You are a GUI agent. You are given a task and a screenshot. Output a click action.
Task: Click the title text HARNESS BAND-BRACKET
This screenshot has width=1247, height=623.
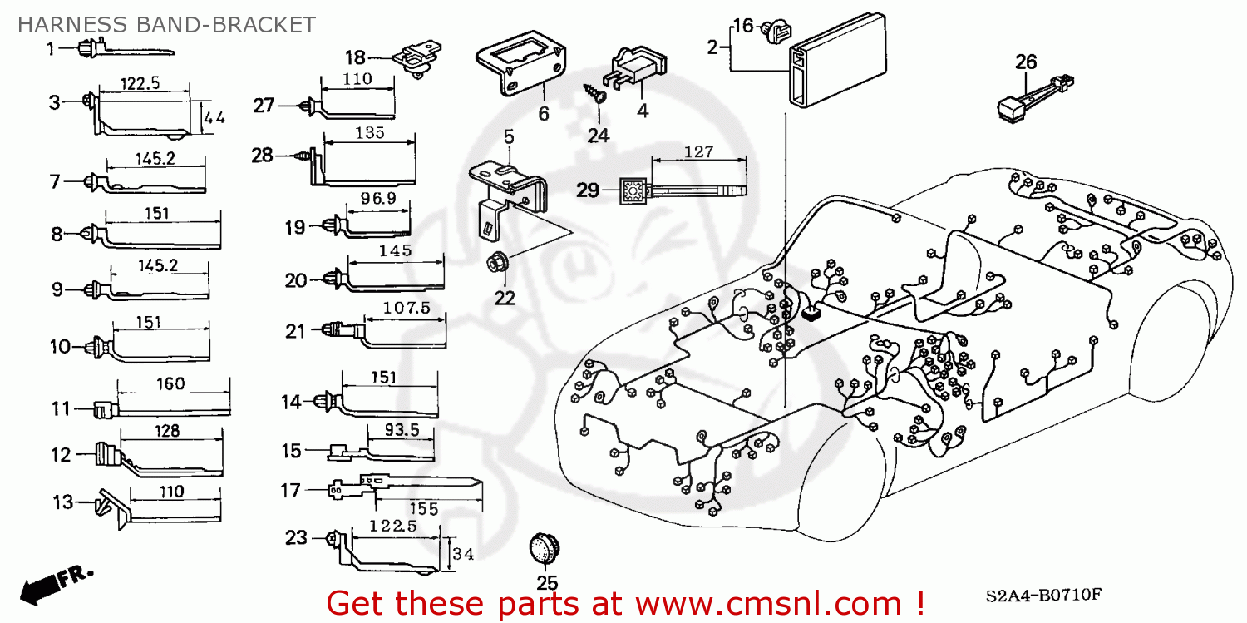[166, 24]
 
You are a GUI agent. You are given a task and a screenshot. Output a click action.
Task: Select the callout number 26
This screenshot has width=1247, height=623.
[1026, 62]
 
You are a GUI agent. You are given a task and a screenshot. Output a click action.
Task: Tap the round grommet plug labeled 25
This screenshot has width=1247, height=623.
[545, 549]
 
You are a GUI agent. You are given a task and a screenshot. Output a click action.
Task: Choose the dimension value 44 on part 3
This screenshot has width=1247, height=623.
[214, 118]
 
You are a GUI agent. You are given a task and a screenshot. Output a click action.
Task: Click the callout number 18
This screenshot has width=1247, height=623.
[355, 57]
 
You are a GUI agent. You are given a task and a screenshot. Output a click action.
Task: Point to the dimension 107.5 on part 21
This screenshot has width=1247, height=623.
[407, 308]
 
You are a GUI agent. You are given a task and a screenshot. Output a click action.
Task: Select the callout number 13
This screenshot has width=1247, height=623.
[62, 502]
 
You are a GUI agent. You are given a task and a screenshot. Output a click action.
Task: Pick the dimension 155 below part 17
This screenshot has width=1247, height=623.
[423, 507]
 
